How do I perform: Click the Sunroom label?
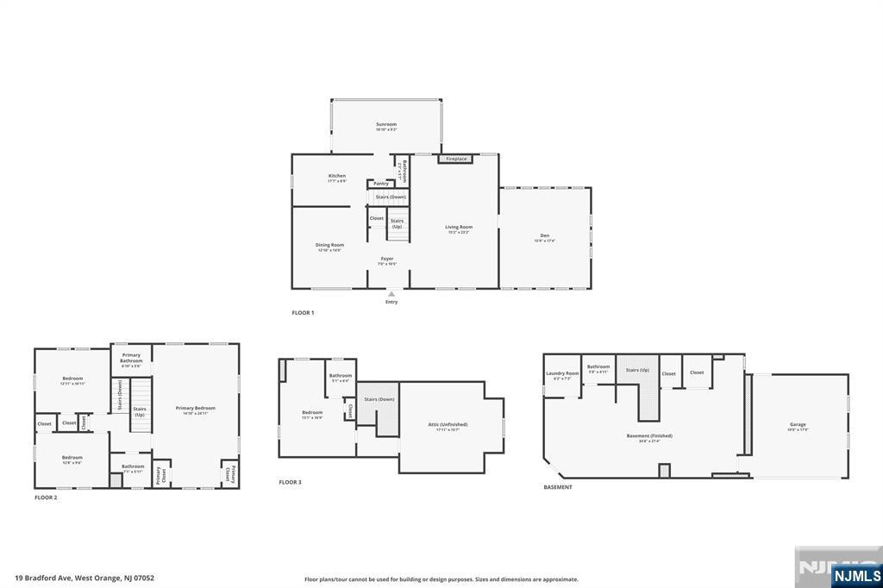385,125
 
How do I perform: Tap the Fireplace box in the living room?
455,159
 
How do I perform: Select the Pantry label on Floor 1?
381,184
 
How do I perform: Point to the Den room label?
545,236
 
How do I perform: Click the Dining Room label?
329,246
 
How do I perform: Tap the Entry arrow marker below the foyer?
391,295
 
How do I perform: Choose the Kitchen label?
336,177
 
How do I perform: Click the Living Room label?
458,228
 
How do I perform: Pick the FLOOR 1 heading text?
303,313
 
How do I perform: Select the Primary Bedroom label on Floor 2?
195,409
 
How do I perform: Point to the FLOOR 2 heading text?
46,497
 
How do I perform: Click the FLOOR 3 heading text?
291,482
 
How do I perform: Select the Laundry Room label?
562,373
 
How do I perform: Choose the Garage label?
798,424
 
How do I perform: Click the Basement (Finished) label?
649,436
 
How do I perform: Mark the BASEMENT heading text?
558,487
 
